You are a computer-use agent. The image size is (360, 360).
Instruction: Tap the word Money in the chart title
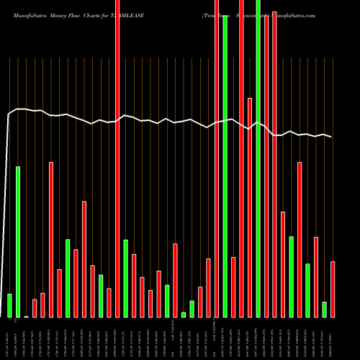coord(58,6)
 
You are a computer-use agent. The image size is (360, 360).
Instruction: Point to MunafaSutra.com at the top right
coord(325,6)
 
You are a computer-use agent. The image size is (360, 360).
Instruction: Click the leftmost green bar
coord(9,305)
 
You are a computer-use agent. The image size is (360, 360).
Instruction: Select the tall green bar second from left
coord(18,241)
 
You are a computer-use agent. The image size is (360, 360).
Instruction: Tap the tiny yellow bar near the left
coord(26,316)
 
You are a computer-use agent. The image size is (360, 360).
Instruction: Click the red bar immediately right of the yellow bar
coord(35,308)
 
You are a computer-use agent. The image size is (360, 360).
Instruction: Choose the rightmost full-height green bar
coord(258,158)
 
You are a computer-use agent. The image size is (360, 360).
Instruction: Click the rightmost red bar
coord(333,289)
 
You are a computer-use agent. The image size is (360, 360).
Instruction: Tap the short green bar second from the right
coord(325,309)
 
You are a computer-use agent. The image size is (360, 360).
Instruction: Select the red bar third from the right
coord(316,276)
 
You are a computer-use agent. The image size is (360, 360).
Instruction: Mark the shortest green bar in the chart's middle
coord(184,314)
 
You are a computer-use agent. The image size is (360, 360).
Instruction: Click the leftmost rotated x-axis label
coord(8,338)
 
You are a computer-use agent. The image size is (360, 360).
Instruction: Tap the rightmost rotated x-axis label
coord(332,338)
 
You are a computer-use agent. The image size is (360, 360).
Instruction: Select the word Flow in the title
coord(76,6)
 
